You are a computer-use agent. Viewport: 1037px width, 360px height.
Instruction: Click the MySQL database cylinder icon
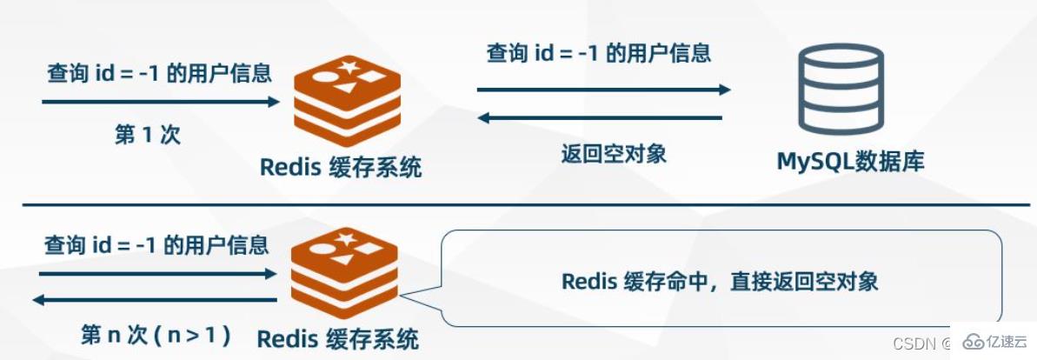point(842,90)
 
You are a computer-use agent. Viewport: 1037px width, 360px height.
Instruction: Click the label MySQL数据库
point(849,162)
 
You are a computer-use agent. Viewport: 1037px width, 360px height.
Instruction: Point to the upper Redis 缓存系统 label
point(341,167)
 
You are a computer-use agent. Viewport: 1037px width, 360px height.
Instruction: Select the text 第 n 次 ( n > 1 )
point(156,334)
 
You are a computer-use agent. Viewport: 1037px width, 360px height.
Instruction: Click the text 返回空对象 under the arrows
point(614,154)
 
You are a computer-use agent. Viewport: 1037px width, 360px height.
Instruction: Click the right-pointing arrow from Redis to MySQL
point(602,89)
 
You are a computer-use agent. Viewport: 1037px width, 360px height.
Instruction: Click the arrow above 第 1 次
point(161,102)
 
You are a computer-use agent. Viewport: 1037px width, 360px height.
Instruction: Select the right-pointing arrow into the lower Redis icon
point(157,273)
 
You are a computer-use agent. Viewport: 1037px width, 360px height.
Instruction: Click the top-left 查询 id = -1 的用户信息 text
point(159,73)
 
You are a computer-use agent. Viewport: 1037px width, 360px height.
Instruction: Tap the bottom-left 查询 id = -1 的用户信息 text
point(156,245)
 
